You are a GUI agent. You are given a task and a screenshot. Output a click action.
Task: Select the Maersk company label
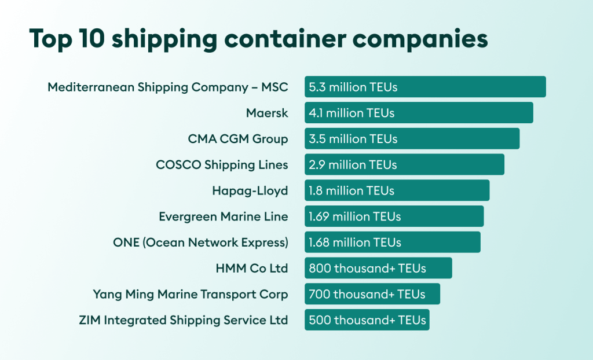[266, 113]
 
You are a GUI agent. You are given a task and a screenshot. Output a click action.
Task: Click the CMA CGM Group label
[237, 139]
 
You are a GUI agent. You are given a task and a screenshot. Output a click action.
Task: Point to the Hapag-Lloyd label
[250, 190]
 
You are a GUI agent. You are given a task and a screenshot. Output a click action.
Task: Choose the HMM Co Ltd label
[251, 268]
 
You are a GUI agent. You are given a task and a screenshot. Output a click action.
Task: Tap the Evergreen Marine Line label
[223, 216]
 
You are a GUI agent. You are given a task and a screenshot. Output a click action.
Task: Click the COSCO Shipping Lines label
[222, 165]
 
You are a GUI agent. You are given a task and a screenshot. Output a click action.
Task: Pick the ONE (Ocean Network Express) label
[200, 243]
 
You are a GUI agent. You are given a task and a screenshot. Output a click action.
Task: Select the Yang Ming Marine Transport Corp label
[190, 294]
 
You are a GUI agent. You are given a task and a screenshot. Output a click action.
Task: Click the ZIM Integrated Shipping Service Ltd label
[183, 320]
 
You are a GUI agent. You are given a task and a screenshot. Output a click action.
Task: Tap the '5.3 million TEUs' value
[353, 87]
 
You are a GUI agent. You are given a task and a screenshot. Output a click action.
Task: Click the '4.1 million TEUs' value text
[352, 113]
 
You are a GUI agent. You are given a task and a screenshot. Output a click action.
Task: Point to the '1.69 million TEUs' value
[354, 216]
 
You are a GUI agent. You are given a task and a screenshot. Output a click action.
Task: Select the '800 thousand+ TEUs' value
[367, 268]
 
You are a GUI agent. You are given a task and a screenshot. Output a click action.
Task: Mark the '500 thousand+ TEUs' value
[367, 320]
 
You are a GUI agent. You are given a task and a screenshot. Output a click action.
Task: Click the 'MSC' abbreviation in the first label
[274, 87]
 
